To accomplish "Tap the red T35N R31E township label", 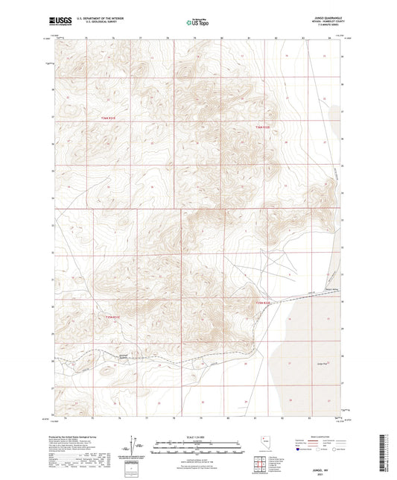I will pos(108,119).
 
